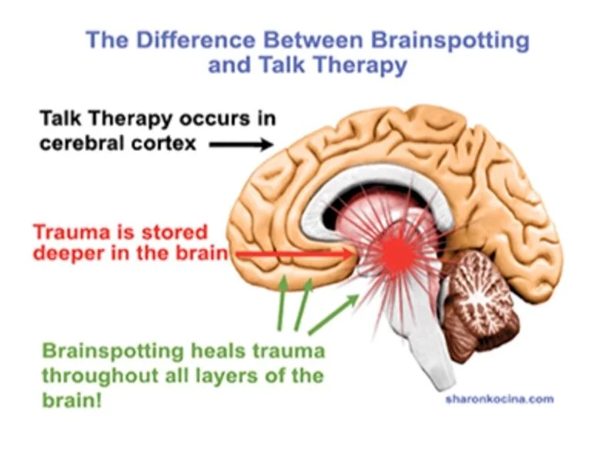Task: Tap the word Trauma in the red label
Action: (65, 232)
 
